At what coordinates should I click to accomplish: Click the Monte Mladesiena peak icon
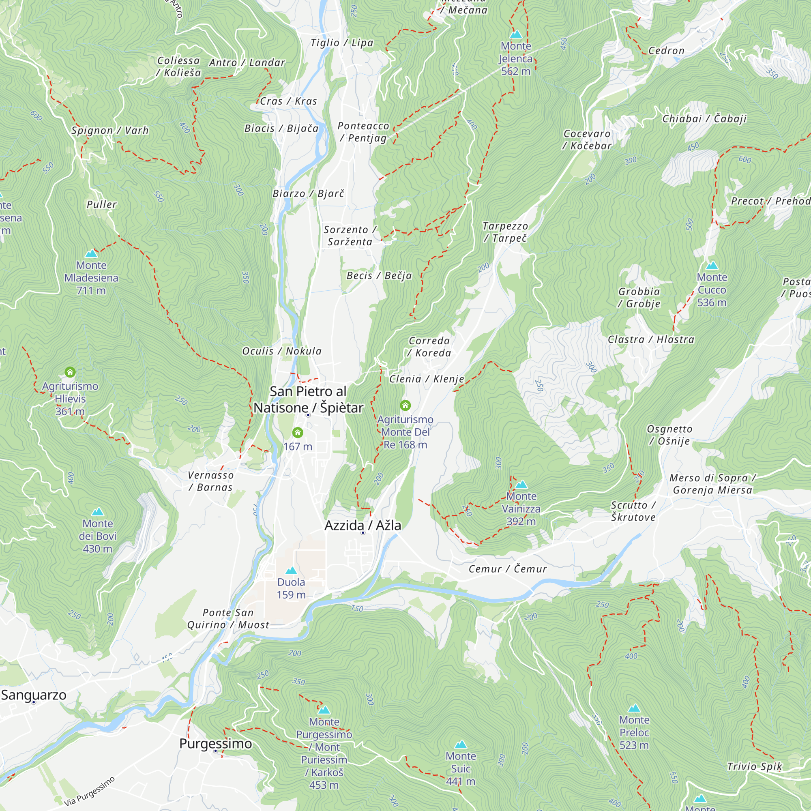(91, 253)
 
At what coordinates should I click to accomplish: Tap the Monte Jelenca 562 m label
(515, 59)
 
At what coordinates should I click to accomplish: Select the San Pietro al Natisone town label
(308, 400)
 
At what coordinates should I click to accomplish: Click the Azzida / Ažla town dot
(363, 533)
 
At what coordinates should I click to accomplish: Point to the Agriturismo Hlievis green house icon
(70, 372)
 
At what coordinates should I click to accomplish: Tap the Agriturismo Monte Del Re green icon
(405, 405)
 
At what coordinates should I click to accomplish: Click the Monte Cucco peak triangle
(712, 265)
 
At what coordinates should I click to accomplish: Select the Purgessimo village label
(215, 743)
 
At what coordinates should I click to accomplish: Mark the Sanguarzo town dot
(34, 702)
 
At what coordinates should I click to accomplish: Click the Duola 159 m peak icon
(291, 571)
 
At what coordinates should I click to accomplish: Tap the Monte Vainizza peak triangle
(521, 485)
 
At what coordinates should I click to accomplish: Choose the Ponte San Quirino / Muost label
(228, 619)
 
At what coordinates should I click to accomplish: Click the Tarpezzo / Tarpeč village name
(505, 232)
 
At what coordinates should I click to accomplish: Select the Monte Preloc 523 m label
(634, 732)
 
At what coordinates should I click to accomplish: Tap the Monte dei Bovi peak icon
(97, 512)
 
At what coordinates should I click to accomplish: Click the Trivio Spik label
(754, 766)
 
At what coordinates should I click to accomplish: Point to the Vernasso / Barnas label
(210, 481)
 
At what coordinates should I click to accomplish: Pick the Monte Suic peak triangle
(461, 744)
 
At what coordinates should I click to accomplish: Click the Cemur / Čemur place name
(508, 569)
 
